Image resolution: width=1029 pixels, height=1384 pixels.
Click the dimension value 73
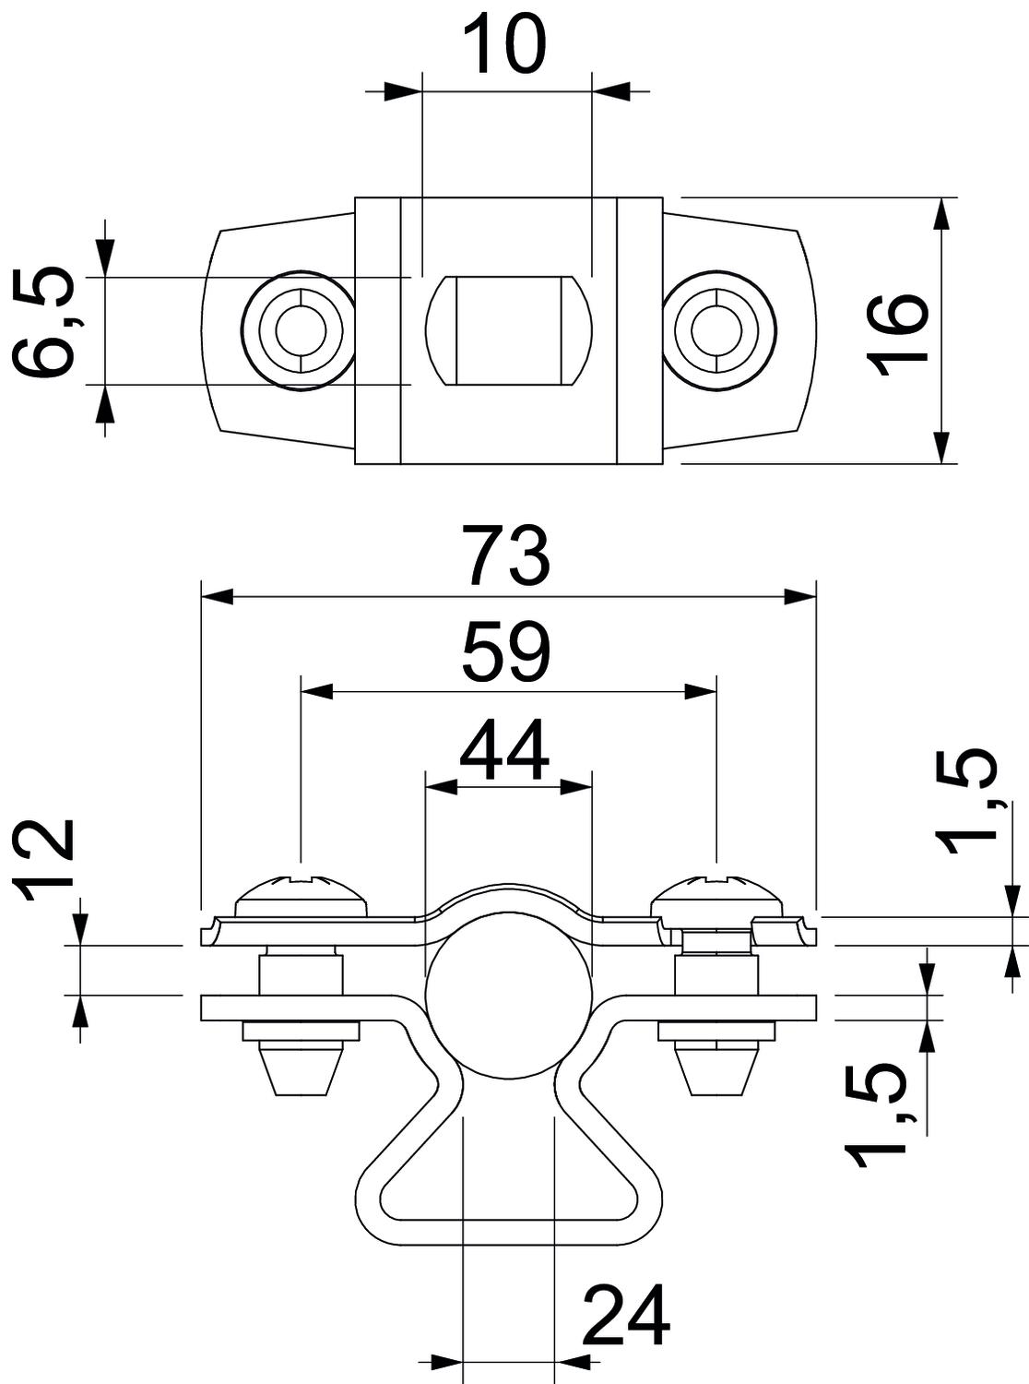point(507,555)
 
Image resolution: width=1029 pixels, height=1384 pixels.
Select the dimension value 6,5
point(44,323)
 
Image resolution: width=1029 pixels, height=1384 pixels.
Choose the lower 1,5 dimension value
point(873,1115)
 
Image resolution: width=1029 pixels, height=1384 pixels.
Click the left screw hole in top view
point(298,329)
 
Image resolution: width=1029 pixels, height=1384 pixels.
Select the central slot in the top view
point(506,329)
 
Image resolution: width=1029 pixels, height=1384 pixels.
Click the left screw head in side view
point(303,894)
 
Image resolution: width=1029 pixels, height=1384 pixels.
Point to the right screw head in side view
point(718,894)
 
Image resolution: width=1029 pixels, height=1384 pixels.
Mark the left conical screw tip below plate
point(302,1068)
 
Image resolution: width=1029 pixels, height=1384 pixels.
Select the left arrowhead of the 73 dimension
point(217,597)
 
